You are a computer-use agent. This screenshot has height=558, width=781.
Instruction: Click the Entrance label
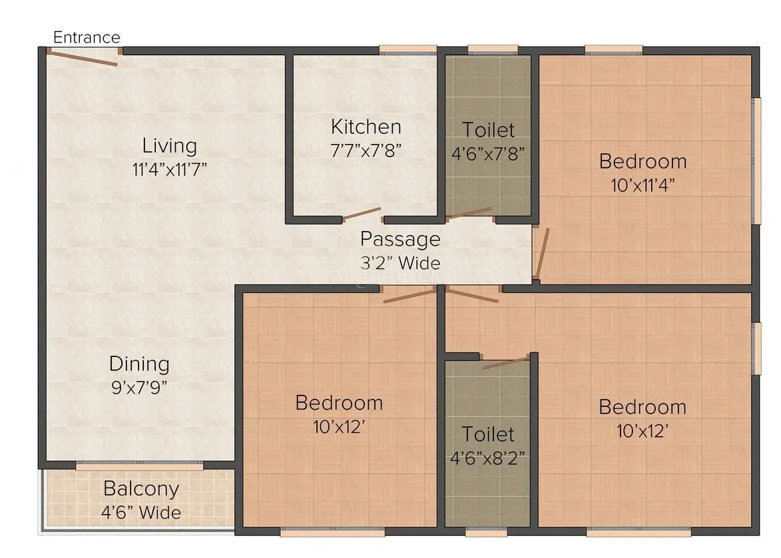87,37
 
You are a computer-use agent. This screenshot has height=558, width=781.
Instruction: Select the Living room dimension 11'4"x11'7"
170,168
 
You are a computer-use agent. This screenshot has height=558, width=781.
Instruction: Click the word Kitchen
366,127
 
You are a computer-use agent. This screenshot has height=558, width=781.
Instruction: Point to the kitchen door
360,214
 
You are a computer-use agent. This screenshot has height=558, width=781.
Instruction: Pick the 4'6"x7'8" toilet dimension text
488,153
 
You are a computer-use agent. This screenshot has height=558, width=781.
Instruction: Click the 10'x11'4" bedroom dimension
643,185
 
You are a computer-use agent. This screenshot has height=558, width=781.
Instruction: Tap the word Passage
400,238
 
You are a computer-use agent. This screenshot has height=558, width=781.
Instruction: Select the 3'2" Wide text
400,263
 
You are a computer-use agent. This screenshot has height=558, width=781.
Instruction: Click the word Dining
139,364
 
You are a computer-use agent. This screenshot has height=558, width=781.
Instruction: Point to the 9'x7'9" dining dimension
139,387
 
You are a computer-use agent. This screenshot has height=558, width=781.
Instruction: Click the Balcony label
141,489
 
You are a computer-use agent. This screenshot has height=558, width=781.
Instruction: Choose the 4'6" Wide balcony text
141,513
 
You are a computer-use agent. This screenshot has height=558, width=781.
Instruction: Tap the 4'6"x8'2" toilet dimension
488,458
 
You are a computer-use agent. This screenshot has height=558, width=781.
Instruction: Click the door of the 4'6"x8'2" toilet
505,363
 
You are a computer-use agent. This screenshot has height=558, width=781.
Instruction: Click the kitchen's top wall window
408,49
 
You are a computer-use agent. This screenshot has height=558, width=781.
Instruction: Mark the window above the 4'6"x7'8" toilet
493,49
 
